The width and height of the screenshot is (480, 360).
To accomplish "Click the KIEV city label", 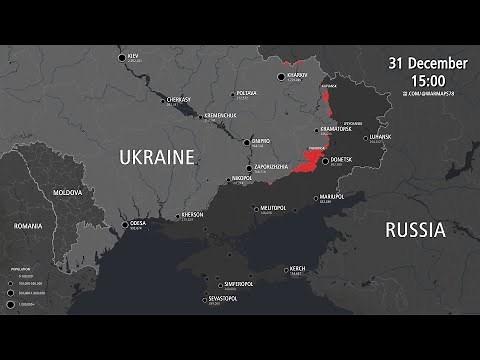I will point(134,55).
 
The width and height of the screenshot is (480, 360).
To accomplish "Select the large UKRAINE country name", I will point(156,157).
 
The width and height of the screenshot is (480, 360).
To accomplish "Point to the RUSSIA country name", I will point(414,229).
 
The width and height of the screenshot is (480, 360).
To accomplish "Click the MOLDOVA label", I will point(67,191).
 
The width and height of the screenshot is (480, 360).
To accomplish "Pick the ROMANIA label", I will point(29,226).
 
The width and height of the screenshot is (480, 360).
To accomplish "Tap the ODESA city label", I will point(137,223).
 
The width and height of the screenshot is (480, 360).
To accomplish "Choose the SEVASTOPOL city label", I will point(222,298).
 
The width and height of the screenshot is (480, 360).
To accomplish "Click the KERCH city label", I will point(298,268).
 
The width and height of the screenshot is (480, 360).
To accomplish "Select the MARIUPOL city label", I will point(331,196).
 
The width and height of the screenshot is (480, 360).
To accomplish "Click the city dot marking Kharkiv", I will point(283,76).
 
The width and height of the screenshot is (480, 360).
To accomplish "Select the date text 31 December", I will point(428,63).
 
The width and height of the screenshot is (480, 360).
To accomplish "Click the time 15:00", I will point(428,79).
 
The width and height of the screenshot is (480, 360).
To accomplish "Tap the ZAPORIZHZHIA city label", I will point(273,167).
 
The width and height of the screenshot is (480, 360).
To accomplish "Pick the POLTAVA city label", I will point(245,93).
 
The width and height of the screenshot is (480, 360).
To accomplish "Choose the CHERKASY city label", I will point(178,100).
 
